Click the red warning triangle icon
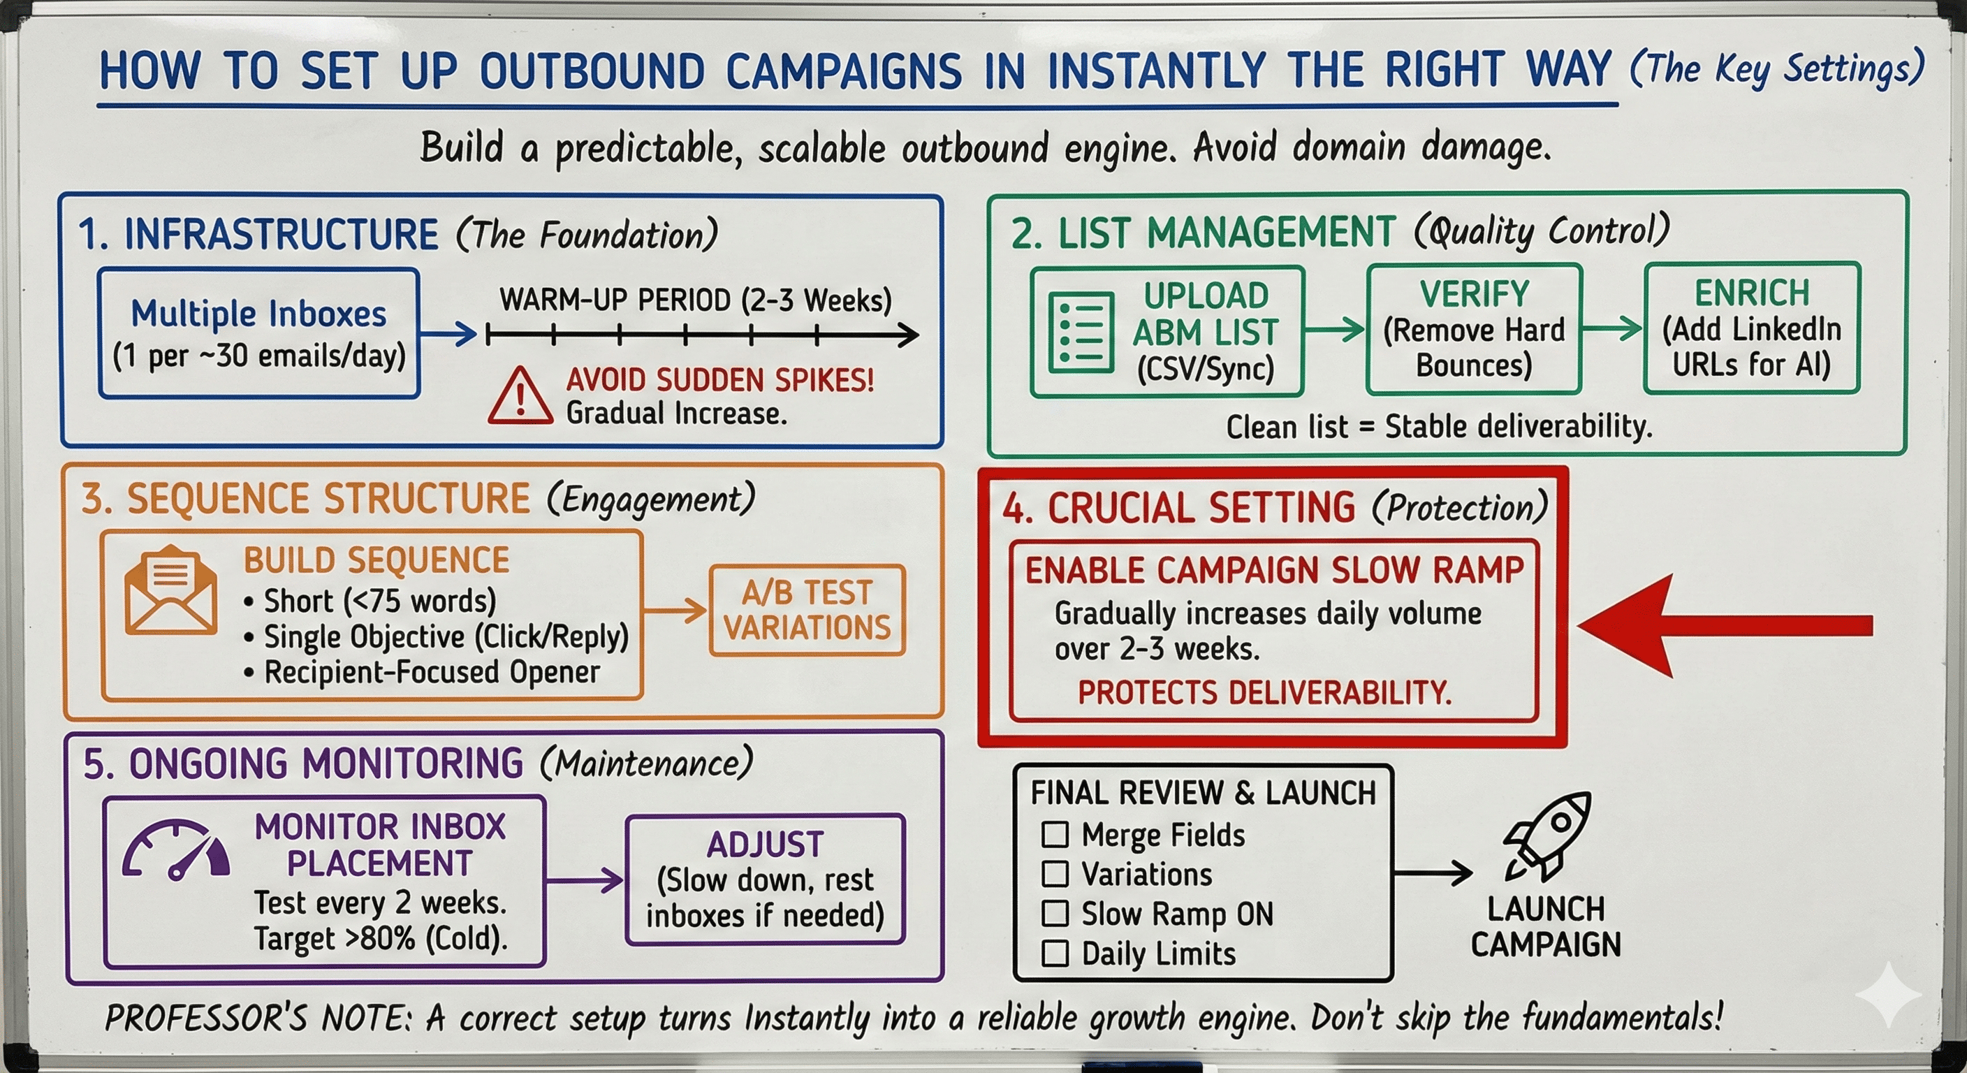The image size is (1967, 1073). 520,396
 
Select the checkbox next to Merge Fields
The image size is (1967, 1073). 1055,834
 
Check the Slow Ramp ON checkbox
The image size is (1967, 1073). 1055,914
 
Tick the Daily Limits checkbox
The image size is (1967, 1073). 1055,953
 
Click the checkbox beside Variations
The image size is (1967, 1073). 1055,874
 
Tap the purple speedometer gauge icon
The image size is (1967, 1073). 177,851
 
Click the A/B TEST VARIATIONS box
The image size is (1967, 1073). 807,610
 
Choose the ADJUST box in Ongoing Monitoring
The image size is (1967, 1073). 765,879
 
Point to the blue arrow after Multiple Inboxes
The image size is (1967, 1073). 448,334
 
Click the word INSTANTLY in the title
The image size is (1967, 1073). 1156,71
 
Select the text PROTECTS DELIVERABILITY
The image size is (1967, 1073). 1264,693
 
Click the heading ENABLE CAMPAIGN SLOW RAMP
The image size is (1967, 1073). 1273,571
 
